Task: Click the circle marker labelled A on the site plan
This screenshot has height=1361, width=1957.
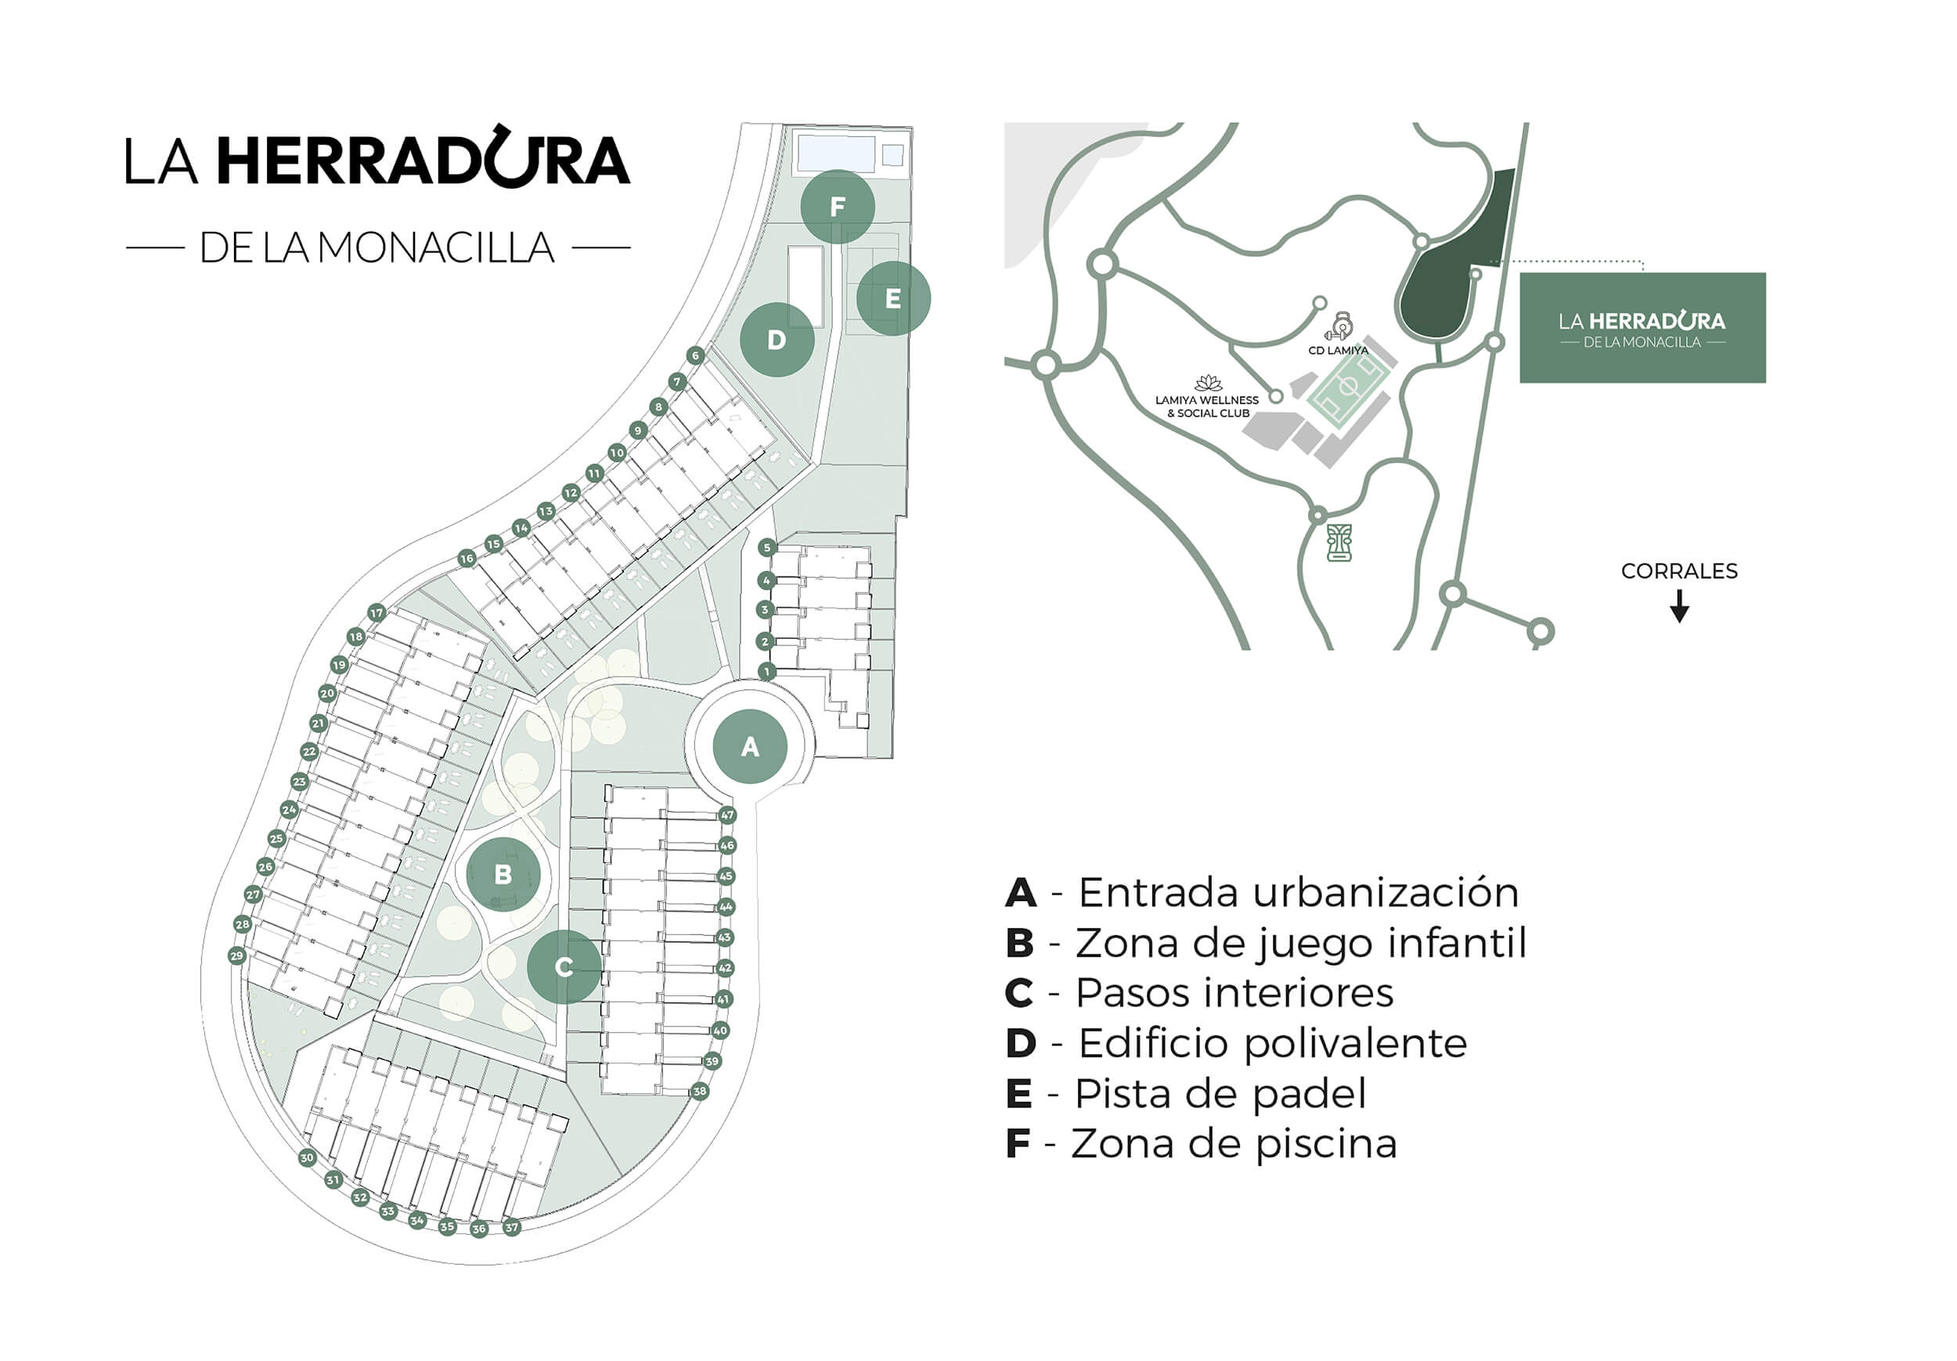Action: tap(749, 746)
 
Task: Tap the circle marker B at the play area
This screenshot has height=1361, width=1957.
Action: tap(503, 874)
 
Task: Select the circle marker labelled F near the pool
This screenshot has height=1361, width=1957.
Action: tap(837, 207)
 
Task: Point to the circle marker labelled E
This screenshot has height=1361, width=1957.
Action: tap(892, 298)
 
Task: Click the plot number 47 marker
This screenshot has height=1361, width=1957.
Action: tap(727, 815)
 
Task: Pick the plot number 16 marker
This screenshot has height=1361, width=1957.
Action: tap(467, 558)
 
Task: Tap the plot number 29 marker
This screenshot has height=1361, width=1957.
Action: tap(237, 955)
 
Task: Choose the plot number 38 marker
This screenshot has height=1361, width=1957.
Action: tap(700, 1091)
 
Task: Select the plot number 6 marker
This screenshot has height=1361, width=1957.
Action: tap(696, 356)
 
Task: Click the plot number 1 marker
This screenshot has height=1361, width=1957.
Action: tap(766, 672)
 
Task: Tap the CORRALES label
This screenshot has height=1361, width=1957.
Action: tap(1678, 572)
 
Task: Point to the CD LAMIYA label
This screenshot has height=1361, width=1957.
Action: tap(1338, 351)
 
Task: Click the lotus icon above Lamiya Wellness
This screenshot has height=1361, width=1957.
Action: tap(1208, 384)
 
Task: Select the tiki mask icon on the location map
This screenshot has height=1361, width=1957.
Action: tap(1339, 543)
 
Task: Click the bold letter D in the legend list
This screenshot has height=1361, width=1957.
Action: tap(1021, 1043)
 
